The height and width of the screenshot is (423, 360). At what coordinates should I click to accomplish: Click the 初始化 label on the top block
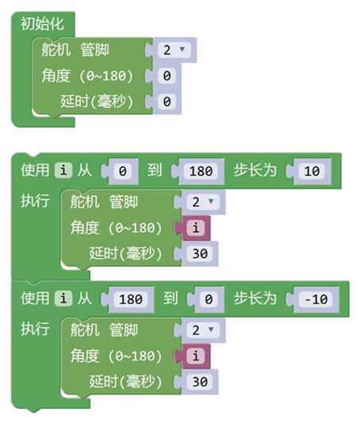click(42, 24)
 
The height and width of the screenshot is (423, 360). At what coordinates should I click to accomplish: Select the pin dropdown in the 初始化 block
click(174, 50)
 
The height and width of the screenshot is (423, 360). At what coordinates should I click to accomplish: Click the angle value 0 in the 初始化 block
click(167, 75)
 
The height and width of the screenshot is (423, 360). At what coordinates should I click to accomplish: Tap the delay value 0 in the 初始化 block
click(167, 101)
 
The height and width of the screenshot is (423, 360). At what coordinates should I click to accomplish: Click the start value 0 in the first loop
click(123, 171)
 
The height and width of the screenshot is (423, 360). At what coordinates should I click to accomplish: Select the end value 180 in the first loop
click(201, 171)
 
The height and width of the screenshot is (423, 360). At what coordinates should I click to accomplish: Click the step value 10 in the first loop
click(312, 171)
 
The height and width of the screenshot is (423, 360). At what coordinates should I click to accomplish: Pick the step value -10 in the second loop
click(316, 299)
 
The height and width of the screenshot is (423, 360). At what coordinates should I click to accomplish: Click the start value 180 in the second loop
click(131, 299)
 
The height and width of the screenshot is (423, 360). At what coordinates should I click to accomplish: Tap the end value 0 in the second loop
click(209, 299)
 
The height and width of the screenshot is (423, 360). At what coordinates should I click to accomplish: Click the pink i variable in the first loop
click(196, 228)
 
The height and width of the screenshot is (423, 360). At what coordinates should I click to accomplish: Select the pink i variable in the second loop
click(196, 356)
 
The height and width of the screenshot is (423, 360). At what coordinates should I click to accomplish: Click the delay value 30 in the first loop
click(200, 253)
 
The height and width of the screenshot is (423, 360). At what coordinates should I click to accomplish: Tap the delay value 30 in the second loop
click(200, 382)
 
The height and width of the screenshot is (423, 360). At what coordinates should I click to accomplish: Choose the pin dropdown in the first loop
click(203, 202)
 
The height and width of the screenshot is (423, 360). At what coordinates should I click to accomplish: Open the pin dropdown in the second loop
click(203, 330)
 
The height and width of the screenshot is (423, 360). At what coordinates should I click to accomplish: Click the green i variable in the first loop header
click(63, 170)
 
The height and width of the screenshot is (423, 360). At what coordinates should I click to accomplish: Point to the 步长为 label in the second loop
click(255, 299)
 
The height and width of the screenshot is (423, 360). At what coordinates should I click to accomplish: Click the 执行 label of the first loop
click(35, 200)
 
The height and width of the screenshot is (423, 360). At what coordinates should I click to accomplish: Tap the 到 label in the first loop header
click(155, 170)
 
